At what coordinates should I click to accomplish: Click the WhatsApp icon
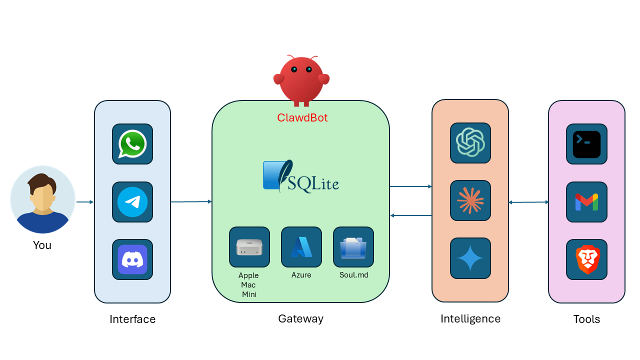[132, 144]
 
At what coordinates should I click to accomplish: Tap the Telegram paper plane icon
[132, 202]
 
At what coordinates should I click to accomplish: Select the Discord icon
[132, 259]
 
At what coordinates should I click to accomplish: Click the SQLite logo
[301, 176]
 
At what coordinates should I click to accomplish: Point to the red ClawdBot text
[302, 118]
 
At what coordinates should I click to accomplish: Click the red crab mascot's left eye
[294, 69]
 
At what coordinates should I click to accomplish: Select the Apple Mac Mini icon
[249, 247]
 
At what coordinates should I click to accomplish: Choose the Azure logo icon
[301, 247]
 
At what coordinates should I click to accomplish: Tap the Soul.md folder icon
[353, 247]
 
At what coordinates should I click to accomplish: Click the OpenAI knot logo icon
[470, 143]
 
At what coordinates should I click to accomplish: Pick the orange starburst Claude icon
[470, 200]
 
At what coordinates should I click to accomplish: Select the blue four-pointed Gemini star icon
[470, 258]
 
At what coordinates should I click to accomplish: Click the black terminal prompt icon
[586, 144]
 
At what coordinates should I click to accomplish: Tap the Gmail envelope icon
[586, 202]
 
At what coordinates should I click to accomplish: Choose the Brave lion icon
[586, 259]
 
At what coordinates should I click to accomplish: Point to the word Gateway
[300, 318]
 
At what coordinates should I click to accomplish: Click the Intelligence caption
[470, 318]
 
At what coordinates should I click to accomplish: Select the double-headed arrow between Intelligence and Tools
[528, 202]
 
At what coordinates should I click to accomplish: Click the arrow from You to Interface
[85, 202]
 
